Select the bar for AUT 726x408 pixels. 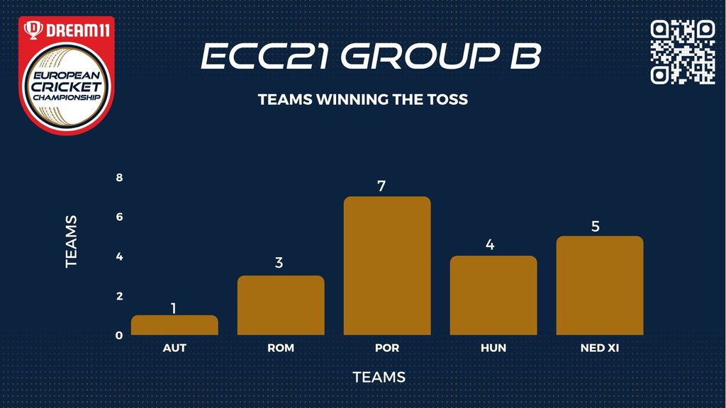coord(174,324)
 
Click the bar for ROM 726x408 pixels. coord(281,305)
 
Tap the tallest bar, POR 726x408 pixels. coord(387,266)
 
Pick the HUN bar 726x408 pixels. coord(493,295)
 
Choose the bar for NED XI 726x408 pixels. coord(600,285)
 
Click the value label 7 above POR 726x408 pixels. coord(381,186)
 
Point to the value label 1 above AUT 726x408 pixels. coord(174,308)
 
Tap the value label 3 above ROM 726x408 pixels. coord(279,263)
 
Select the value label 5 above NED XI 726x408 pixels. coord(596,226)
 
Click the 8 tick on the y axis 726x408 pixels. coord(119,178)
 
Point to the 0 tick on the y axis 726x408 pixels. coord(119,335)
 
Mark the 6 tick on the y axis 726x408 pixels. coord(119,217)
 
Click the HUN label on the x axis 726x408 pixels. coord(493,348)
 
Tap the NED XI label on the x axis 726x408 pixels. coord(600,348)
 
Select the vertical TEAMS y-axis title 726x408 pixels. coord(71,242)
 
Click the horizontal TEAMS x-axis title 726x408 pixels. coord(379,377)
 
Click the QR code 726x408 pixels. coord(683,52)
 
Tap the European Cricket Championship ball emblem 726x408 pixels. coord(67,86)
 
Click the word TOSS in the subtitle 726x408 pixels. coord(448,99)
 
